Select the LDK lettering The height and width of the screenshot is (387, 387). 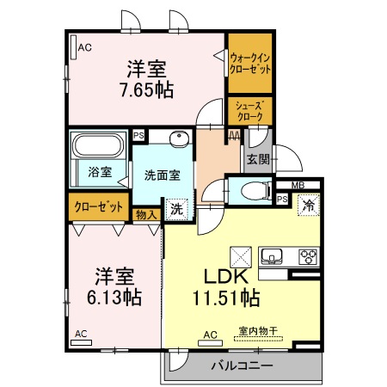225,277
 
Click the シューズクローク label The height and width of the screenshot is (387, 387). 250,109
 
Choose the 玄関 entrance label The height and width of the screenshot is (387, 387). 258,158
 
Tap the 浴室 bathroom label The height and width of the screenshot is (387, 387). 100,172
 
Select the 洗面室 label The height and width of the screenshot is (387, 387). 162,174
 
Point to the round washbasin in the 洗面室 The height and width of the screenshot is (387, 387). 180,138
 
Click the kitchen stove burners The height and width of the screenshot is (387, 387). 307,255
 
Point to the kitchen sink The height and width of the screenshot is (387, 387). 273,255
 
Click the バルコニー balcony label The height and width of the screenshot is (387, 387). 242,365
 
